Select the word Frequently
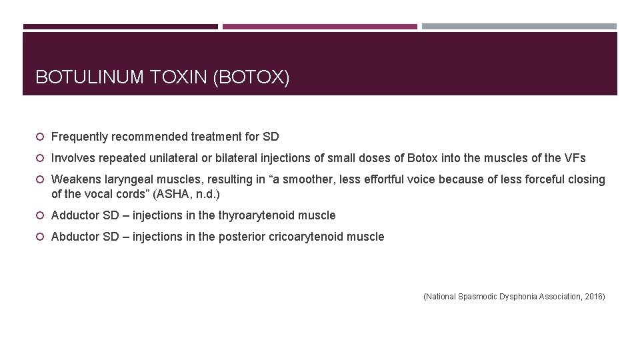79,137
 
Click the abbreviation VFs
574,158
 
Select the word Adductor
75,215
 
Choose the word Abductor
75,237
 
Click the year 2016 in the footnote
593,297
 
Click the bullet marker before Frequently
41,137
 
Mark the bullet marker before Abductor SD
41,237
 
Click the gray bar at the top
519,27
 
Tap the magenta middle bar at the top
320,27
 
